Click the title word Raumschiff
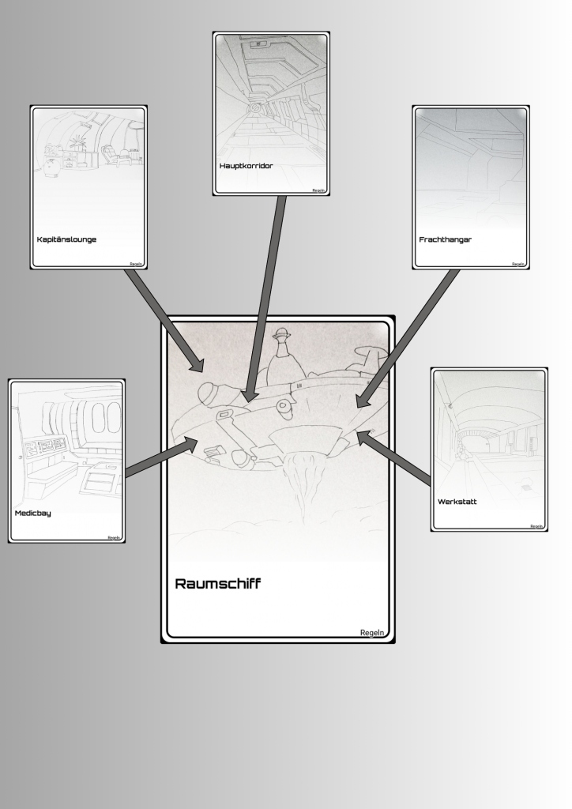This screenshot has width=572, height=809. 217,584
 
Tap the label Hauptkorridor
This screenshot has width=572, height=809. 246,166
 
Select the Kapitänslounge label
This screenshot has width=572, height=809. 66,239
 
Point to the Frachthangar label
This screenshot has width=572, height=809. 445,239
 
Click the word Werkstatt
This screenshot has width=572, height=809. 457,502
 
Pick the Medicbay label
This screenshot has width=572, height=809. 32,513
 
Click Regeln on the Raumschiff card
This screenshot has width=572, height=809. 372,633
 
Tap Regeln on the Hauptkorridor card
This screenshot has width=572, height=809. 318,190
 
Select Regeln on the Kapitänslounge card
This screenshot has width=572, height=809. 136,264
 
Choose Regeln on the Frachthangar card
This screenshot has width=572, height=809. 517,264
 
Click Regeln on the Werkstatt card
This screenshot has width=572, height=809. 536,526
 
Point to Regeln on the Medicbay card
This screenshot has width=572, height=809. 114,537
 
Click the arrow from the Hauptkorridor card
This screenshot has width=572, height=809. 265,299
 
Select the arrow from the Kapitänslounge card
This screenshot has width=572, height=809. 165,321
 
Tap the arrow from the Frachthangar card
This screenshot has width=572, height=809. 407,339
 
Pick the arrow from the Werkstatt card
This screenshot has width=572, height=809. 393,457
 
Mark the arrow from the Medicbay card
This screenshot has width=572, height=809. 162,457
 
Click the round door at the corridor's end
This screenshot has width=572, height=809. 254,108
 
